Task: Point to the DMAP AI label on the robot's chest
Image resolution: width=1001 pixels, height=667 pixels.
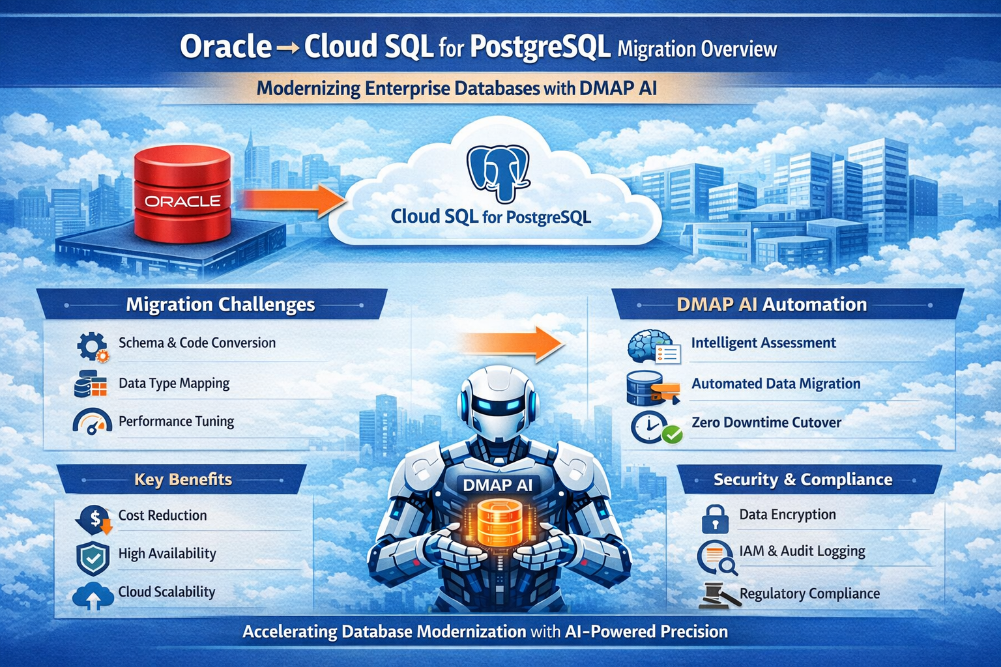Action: (x=497, y=485)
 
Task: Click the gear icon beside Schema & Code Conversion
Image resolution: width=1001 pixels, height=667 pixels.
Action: (x=91, y=346)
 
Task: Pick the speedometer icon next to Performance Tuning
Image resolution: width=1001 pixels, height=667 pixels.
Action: (x=92, y=422)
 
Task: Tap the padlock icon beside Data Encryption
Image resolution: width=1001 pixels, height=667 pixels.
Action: (x=715, y=518)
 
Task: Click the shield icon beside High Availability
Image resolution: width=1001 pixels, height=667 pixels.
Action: (x=93, y=557)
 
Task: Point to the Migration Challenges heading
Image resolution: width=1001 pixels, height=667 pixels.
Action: (x=220, y=304)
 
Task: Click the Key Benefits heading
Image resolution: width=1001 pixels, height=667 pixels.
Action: (x=183, y=479)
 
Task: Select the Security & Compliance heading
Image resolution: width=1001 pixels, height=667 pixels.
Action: (x=803, y=479)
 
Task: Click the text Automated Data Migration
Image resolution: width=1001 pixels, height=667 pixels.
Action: (x=776, y=384)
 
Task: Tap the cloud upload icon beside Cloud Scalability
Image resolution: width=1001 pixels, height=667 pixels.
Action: (x=93, y=595)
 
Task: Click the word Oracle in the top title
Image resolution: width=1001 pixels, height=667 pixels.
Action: (x=225, y=47)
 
